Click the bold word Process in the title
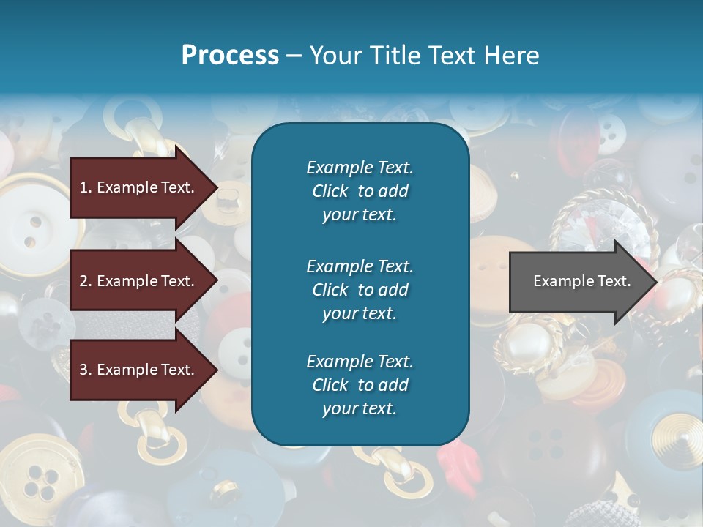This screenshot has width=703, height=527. coord(230,56)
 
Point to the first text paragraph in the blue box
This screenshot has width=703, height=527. coord(360,191)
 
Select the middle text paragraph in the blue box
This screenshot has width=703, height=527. coord(360,290)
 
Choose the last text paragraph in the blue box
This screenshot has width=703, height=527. coord(360,385)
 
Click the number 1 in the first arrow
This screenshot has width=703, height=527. coord(83,187)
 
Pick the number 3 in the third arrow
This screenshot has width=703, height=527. coord(83,370)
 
